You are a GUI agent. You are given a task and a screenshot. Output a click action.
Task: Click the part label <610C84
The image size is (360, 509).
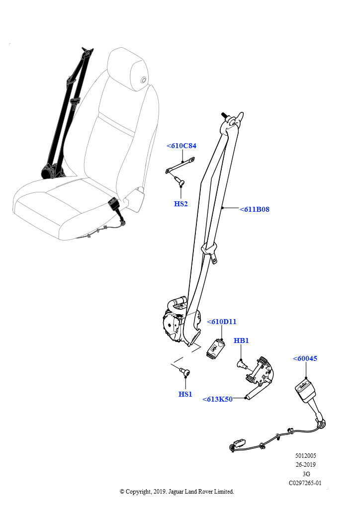coord(181,146)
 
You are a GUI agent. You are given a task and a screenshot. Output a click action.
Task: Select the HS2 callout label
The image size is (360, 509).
coord(181,204)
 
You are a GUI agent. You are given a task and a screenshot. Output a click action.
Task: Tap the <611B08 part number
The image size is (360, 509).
coord(255,209)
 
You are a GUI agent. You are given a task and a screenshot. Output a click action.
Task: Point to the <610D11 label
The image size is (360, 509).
coord(222,322)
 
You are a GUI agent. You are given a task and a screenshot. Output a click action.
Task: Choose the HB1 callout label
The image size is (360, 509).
coord(241,340)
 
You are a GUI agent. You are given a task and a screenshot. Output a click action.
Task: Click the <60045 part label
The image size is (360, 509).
coord(305,359)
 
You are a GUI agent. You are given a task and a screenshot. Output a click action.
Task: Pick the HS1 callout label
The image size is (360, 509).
coord(185,394)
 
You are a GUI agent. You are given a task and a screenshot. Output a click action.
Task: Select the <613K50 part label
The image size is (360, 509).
coord(217,399)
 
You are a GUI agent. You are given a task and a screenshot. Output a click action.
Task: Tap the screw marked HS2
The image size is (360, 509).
coord(179,181)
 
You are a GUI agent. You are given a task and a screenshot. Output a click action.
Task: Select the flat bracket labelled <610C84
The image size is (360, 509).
coord(180,165)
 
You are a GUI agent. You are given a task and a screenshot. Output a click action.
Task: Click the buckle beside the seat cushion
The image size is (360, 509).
coord(114,204)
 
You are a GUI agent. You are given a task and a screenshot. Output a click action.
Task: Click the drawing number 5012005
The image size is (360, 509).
coord(305,456)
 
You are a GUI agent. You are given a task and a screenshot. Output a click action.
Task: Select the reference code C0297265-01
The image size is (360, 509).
coord(305,483)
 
